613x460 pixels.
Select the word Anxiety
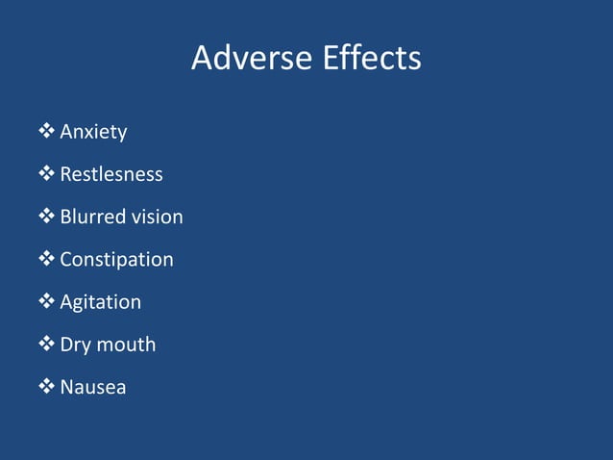[x=93, y=132]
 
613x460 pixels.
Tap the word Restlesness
[x=111, y=174]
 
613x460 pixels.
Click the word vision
[x=157, y=217]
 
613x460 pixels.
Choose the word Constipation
[x=116, y=259]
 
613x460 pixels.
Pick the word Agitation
[x=100, y=301]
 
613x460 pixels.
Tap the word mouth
[x=124, y=344]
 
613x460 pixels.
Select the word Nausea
[x=92, y=387]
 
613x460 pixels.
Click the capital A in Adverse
[x=203, y=59]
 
